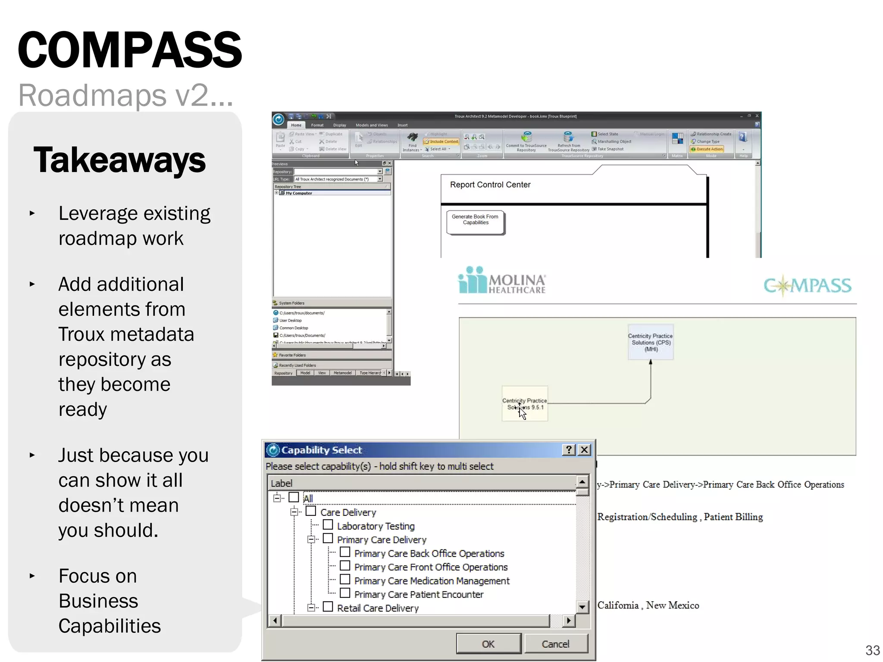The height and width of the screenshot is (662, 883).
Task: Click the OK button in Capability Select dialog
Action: (488, 644)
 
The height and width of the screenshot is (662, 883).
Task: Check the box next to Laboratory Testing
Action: (328, 525)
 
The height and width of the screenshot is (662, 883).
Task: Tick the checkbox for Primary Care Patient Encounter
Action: (345, 593)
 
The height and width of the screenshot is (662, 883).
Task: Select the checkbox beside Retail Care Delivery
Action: (328, 607)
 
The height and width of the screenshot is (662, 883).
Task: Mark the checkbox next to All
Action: (294, 497)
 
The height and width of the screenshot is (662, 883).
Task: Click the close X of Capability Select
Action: (584, 450)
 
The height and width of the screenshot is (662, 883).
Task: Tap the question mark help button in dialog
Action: (569, 450)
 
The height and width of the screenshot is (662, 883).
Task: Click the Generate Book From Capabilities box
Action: (475, 222)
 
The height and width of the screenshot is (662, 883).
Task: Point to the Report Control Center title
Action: (490, 185)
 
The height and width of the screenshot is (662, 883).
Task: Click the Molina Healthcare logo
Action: (501, 281)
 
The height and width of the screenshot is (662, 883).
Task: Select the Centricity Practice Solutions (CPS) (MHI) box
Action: (650, 343)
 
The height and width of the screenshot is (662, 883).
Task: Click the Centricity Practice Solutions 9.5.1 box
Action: (525, 404)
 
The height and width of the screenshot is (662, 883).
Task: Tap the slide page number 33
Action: (872, 650)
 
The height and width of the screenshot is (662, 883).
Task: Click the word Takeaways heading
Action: (119, 160)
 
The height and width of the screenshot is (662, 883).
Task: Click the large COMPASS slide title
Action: (130, 50)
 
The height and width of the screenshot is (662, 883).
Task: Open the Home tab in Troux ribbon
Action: (296, 125)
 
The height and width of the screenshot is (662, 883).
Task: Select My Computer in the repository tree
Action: (299, 194)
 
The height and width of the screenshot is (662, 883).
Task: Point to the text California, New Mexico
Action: (648, 606)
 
